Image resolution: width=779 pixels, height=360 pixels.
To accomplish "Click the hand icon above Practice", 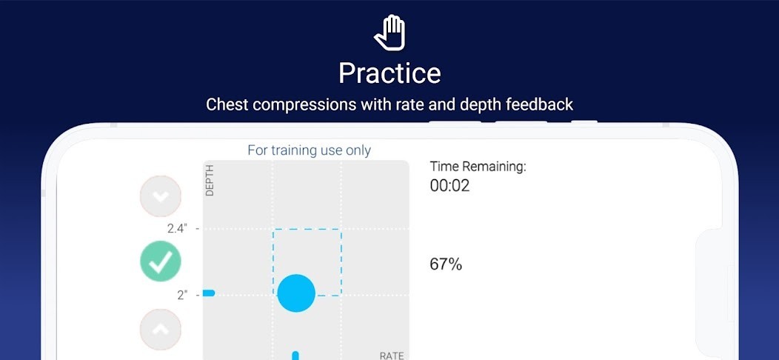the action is [x=390, y=33].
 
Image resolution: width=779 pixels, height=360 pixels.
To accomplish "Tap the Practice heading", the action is [x=390, y=73].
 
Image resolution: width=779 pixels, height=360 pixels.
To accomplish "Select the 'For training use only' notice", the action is [x=310, y=150].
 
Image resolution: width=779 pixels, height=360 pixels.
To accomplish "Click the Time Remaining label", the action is [x=478, y=167].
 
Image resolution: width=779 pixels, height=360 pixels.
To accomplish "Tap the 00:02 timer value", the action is [x=449, y=186].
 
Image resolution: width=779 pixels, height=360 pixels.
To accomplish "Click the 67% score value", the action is [x=446, y=264].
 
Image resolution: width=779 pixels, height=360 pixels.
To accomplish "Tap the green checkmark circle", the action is [x=161, y=261].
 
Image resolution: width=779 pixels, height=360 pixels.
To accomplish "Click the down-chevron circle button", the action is [x=161, y=196].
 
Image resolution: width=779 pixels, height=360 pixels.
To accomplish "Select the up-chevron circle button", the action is [x=161, y=329].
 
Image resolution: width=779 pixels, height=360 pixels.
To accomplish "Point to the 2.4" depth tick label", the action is [x=178, y=229].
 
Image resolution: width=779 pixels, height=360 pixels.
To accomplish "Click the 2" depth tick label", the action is [x=182, y=296].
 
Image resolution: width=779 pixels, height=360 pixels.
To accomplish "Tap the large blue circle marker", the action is [x=296, y=293].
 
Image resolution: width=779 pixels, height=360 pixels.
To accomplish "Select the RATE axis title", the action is [x=392, y=356].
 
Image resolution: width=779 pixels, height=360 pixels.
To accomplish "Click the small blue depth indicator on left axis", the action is [x=209, y=293].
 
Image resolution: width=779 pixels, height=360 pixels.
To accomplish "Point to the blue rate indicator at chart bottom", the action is [x=295, y=356].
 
